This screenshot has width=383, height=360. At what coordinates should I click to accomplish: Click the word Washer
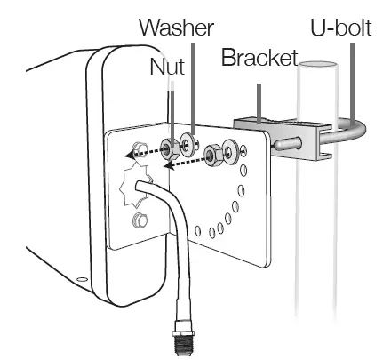tap(176, 28)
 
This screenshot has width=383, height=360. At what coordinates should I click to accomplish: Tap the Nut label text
tap(167, 67)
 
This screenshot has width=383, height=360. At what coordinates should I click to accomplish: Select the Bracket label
tap(259, 57)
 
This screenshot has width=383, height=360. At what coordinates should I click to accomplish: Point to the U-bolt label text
tap(341, 28)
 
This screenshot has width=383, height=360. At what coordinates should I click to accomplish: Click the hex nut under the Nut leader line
tap(170, 148)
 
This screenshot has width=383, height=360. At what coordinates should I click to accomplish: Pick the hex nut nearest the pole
tap(212, 155)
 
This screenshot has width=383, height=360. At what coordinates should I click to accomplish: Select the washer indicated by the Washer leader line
tap(188, 144)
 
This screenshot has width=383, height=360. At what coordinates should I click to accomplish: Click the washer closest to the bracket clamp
tap(231, 152)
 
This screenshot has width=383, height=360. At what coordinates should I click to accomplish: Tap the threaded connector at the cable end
tap(183, 337)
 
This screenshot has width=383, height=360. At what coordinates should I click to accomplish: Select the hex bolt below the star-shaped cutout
tap(140, 220)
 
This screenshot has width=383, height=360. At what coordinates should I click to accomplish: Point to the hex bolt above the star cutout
tap(140, 149)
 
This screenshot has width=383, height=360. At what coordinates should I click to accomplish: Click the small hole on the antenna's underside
tap(82, 279)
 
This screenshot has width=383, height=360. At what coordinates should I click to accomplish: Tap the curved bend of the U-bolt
tap(359, 131)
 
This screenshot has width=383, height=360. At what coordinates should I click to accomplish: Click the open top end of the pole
tap(318, 65)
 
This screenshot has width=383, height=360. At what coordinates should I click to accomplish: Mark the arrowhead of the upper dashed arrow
tap(129, 155)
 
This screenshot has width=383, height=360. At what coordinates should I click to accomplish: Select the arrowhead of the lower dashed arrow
tap(168, 165)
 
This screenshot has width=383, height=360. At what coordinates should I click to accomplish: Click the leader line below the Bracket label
tap(259, 103)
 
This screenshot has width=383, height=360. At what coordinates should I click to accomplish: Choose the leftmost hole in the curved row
tap(198, 230)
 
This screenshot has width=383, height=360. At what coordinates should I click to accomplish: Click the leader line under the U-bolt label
tap(352, 83)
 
